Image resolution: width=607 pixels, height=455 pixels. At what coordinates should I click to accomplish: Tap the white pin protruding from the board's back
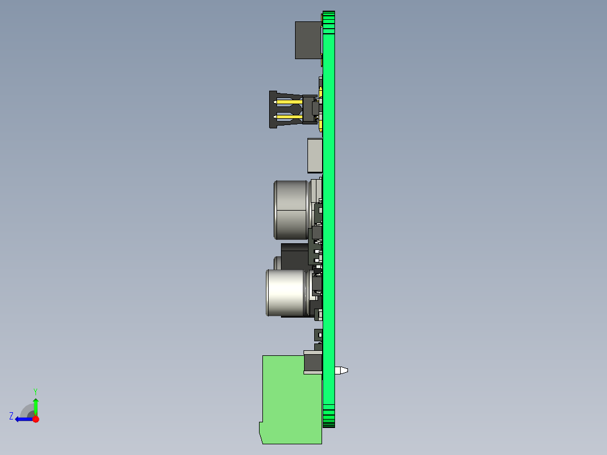(x=341, y=371)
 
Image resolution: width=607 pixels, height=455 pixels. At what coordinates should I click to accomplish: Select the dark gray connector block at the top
(x=308, y=41)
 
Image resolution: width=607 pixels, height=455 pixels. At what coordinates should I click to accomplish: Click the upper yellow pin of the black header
(x=288, y=102)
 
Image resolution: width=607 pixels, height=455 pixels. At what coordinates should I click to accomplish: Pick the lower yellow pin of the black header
(x=288, y=117)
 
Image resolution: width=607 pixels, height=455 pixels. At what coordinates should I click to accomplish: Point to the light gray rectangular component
(x=315, y=155)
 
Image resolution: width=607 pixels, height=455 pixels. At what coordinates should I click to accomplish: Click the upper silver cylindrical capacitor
(x=292, y=210)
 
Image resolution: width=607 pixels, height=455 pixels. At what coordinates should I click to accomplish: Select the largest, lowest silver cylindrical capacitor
(x=287, y=293)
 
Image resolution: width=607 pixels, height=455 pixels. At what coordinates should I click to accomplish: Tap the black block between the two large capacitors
(x=294, y=256)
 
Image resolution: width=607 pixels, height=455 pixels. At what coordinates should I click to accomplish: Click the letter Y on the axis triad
(x=35, y=391)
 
